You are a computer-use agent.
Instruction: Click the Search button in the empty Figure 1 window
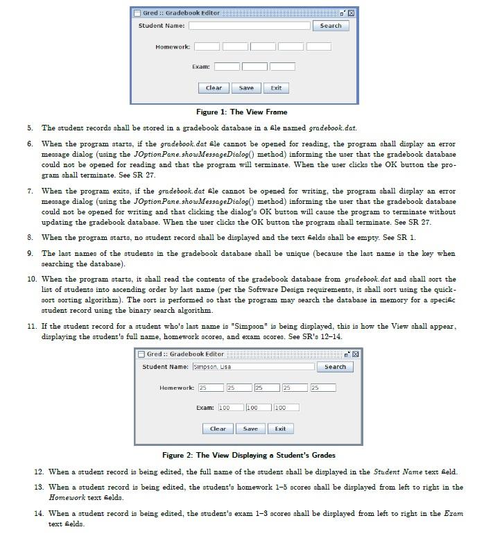click(330, 26)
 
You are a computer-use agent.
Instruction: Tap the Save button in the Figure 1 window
click(246, 88)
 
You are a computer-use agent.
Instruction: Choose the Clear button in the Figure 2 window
click(218, 429)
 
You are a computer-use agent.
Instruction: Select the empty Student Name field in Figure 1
click(249, 26)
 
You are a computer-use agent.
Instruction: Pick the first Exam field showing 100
click(231, 408)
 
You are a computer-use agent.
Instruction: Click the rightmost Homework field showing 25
click(322, 388)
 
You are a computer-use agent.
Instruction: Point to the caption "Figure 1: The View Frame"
click(241, 112)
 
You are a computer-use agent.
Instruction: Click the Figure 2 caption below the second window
click(248, 455)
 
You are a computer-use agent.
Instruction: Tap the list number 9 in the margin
click(31, 254)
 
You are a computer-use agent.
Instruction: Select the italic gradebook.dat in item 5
click(332, 128)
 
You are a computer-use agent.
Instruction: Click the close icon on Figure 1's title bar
click(351, 13)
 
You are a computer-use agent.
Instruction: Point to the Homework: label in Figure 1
click(173, 46)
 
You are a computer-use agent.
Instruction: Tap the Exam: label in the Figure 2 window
click(205, 408)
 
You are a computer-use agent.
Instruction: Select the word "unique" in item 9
click(343, 254)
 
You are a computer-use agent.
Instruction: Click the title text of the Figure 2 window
click(185, 354)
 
